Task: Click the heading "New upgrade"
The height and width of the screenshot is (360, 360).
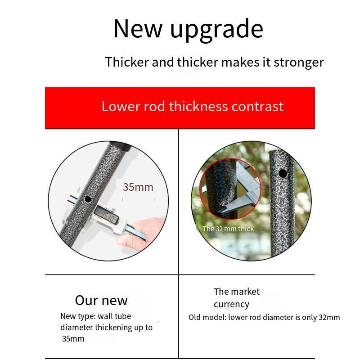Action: [x=188, y=29]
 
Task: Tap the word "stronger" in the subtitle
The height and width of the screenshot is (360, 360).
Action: [x=299, y=62]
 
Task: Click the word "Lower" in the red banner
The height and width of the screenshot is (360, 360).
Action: [x=121, y=106]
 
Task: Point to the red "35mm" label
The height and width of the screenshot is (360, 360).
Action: [x=138, y=187]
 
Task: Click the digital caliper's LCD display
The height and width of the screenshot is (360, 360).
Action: [x=107, y=215]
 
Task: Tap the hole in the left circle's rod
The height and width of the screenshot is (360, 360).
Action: [x=88, y=199]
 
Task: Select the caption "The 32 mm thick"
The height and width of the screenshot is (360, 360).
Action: [x=228, y=229]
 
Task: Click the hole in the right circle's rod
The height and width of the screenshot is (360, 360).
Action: [x=283, y=173]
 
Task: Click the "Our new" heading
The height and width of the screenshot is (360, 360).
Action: [x=101, y=300]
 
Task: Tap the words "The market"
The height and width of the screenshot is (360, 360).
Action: [x=237, y=292]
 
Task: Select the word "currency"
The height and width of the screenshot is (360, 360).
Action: [x=231, y=305]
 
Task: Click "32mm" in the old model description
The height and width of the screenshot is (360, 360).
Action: [x=329, y=317]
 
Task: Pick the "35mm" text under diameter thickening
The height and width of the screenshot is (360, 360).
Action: [x=73, y=339]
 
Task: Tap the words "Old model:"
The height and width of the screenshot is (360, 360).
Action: [x=207, y=317]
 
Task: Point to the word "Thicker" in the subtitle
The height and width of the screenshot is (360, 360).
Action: [x=127, y=62]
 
